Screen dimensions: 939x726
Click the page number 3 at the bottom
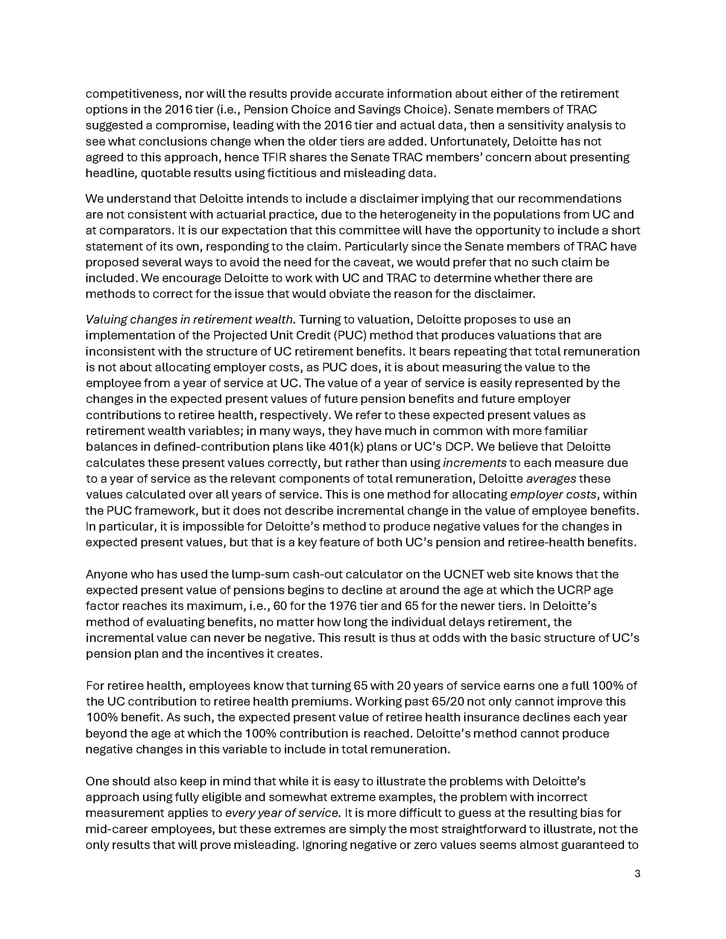tap(638, 874)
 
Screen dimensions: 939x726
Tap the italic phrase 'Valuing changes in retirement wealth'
tap(190, 319)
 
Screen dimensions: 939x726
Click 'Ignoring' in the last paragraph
tap(325, 844)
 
